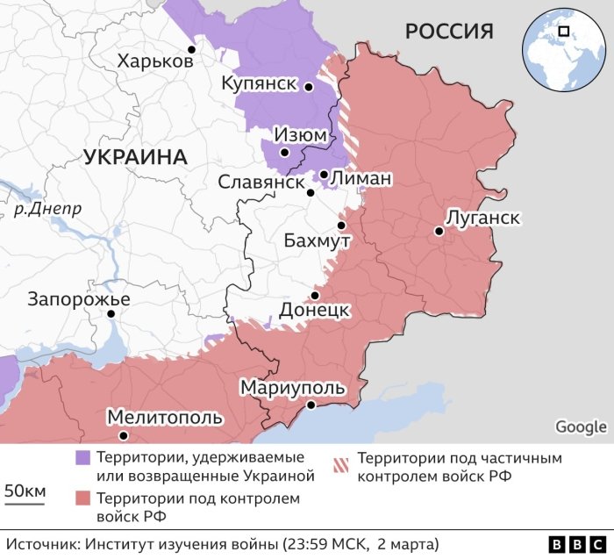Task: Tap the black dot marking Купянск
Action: click(x=309, y=87)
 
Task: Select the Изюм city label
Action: click(x=300, y=135)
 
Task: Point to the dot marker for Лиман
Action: click(x=324, y=175)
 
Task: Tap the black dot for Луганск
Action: click(x=437, y=232)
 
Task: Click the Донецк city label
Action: click(x=315, y=310)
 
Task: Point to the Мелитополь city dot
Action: click(x=124, y=435)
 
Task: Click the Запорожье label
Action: click(x=79, y=299)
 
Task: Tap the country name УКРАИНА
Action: click(x=136, y=158)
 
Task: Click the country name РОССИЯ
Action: click(x=448, y=32)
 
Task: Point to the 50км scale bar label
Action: click(x=25, y=491)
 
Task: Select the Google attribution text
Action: click(x=581, y=427)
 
